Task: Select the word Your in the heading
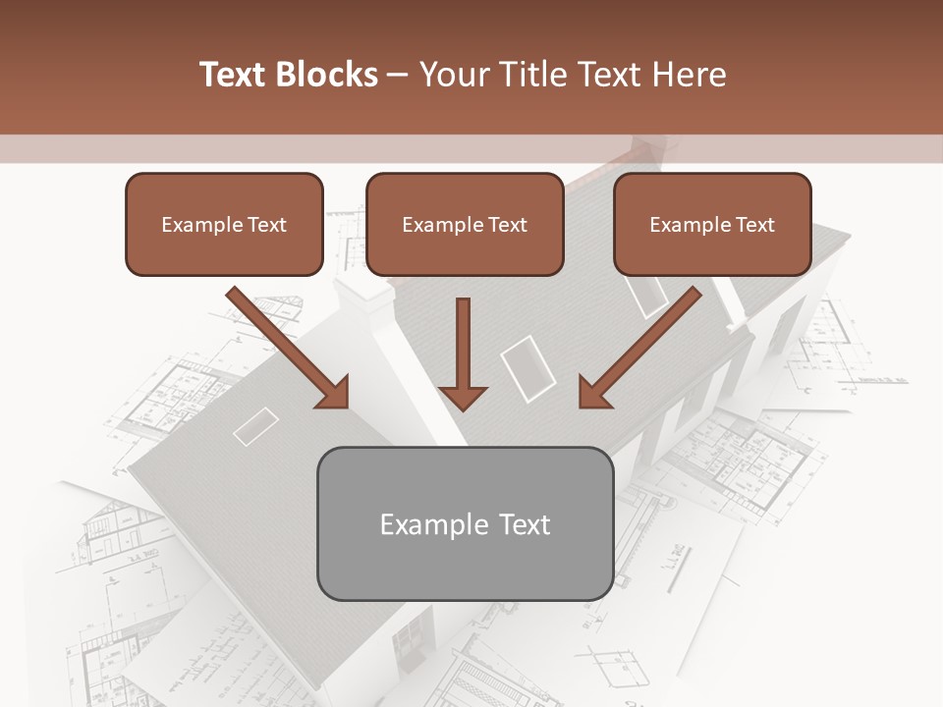[x=453, y=75]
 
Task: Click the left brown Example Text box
[x=224, y=225]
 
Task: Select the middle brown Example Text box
[x=465, y=225]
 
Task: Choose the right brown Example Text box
[x=712, y=225]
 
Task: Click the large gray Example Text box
[x=465, y=524]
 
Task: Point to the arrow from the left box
[x=289, y=349]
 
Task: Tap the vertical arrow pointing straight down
[x=463, y=353]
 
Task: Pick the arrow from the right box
[x=639, y=349]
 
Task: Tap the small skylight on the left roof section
[x=255, y=426]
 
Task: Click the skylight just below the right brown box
[x=647, y=294]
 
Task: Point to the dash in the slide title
[x=398, y=76]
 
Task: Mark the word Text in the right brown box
[x=754, y=225]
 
